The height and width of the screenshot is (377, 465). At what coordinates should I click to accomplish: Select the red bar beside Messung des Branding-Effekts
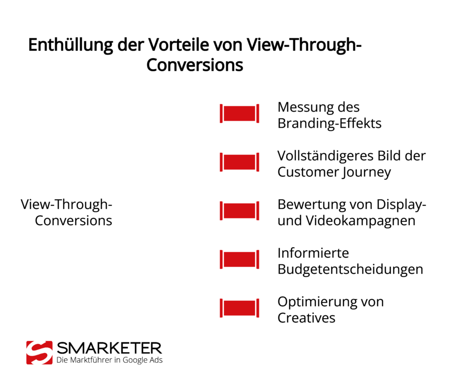[x=239, y=114]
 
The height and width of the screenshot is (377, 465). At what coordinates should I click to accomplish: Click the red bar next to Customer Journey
[x=239, y=162]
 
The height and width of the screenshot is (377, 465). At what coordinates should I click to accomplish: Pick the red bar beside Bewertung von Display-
[x=239, y=211]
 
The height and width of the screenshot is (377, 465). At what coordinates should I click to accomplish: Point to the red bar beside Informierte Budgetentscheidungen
[x=239, y=259]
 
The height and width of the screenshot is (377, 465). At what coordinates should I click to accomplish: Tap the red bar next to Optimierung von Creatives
[x=239, y=308]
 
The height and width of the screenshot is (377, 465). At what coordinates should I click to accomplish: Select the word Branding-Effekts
[x=329, y=123]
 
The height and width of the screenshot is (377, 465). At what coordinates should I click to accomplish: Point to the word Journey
[x=367, y=172]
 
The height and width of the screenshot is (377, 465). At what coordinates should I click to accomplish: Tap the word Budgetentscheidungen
[x=350, y=269]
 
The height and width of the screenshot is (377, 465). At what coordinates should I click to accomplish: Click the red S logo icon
[x=39, y=353]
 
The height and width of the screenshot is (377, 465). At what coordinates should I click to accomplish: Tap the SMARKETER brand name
[x=109, y=348]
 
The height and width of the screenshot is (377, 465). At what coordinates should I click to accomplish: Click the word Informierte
[x=313, y=252]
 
